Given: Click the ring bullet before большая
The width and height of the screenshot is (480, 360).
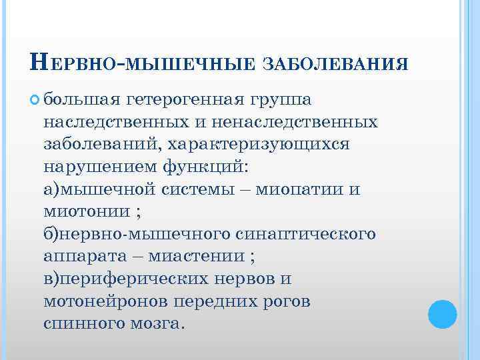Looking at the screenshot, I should tap(35, 100).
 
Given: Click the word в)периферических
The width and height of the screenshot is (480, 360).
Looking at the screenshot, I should tap(125, 279).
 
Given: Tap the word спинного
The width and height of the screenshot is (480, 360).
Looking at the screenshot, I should tap(82, 323).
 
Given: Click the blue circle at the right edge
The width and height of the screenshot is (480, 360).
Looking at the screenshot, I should tap(442, 313).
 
